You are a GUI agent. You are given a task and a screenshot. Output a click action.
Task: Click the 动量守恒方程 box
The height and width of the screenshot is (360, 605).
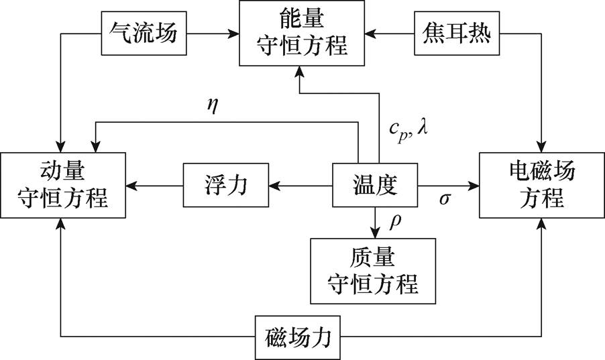pyautogui.click(x=64, y=185)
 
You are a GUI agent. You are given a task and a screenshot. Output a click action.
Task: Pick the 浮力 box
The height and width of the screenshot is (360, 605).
pyautogui.click(x=226, y=185)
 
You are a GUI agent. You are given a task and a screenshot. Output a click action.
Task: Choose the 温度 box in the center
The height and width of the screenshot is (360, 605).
pyautogui.click(x=375, y=185)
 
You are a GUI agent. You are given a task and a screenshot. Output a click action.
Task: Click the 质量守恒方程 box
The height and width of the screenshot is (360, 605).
pyautogui.click(x=373, y=271)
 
